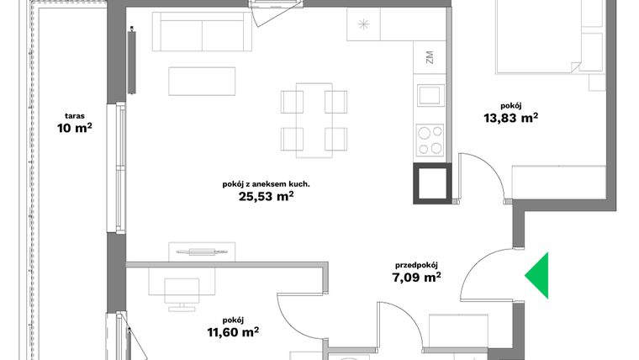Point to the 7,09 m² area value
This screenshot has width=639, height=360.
418,276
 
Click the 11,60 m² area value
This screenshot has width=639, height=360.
234,332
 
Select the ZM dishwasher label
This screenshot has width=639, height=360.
430,59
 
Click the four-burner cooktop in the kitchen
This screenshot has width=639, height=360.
430,140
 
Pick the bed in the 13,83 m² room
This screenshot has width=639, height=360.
547,34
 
